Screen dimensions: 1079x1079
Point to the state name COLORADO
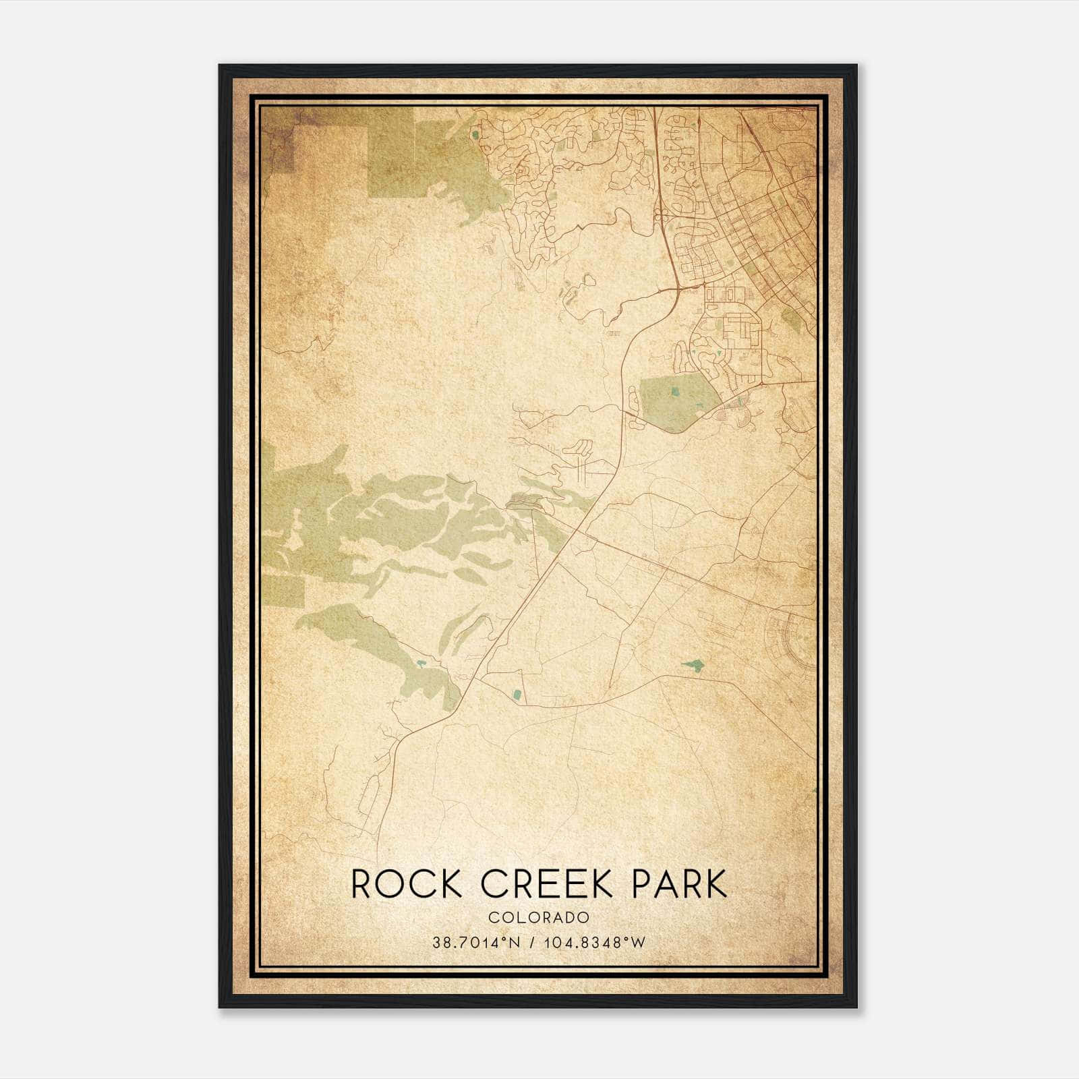pyautogui.click(x=539, y=918)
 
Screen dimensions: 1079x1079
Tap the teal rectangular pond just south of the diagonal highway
pyautogui.click(x=517, y=694)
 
